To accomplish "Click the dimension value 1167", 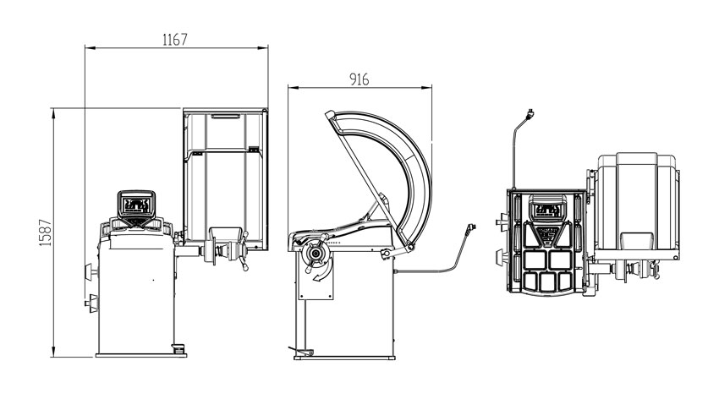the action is (175, 40).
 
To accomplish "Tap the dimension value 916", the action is (359, 79).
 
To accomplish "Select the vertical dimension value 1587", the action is (46, 232).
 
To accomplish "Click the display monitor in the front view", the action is (136, 205).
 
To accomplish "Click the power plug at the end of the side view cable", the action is (470, 228).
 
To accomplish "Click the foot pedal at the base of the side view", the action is (302, 351).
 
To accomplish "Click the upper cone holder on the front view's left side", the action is (91, 272).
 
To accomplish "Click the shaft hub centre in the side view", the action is (315, 254).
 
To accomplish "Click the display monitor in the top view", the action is (547, 207).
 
